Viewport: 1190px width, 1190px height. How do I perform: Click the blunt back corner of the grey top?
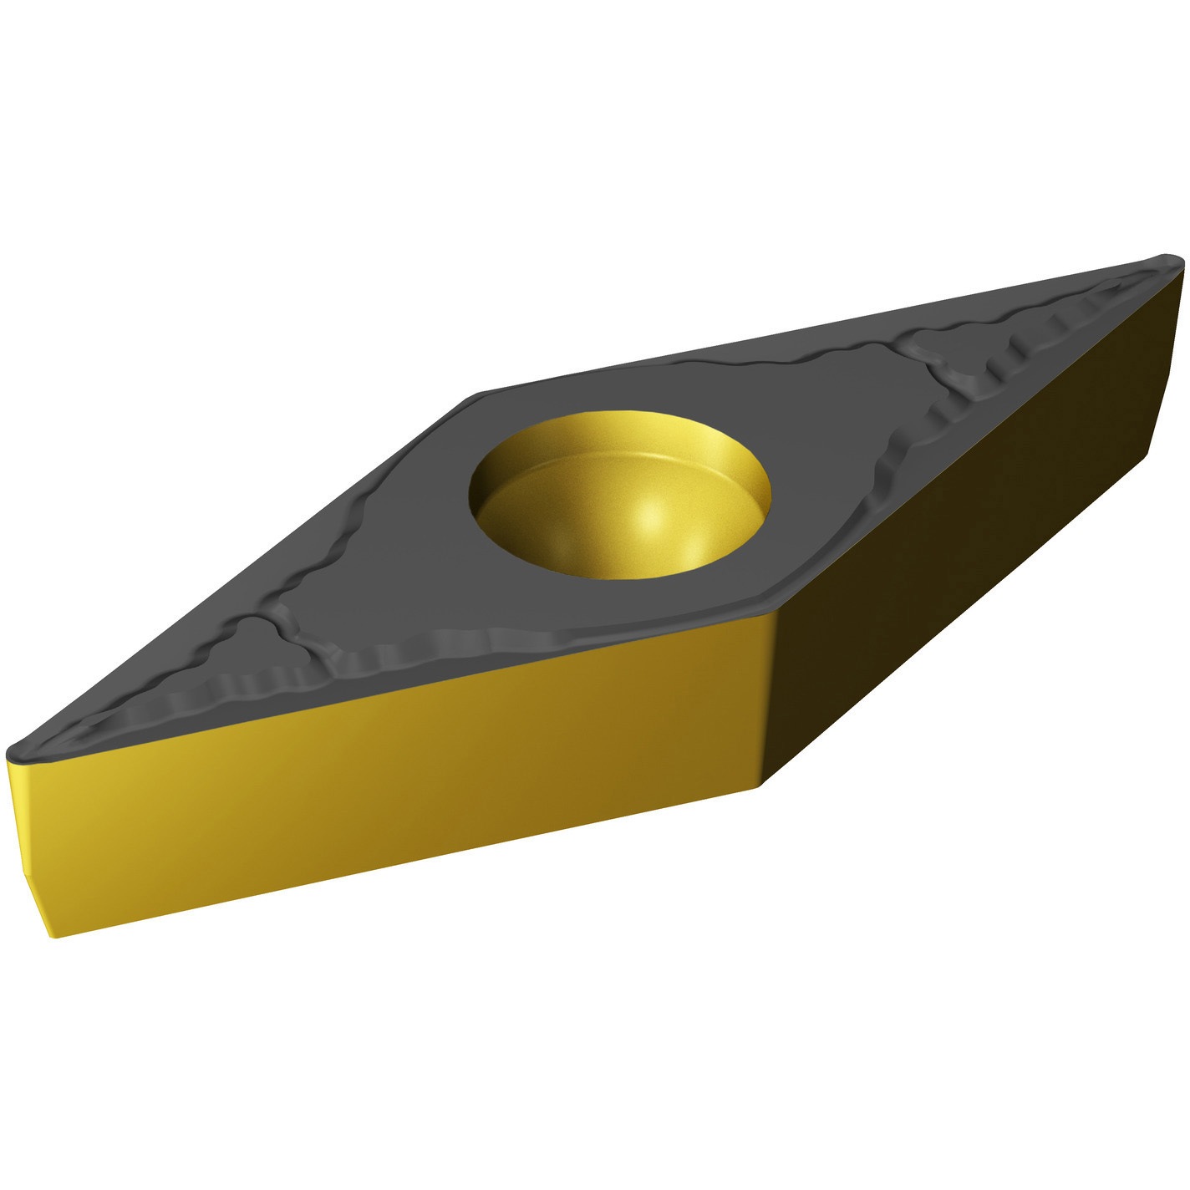(481, 394)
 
